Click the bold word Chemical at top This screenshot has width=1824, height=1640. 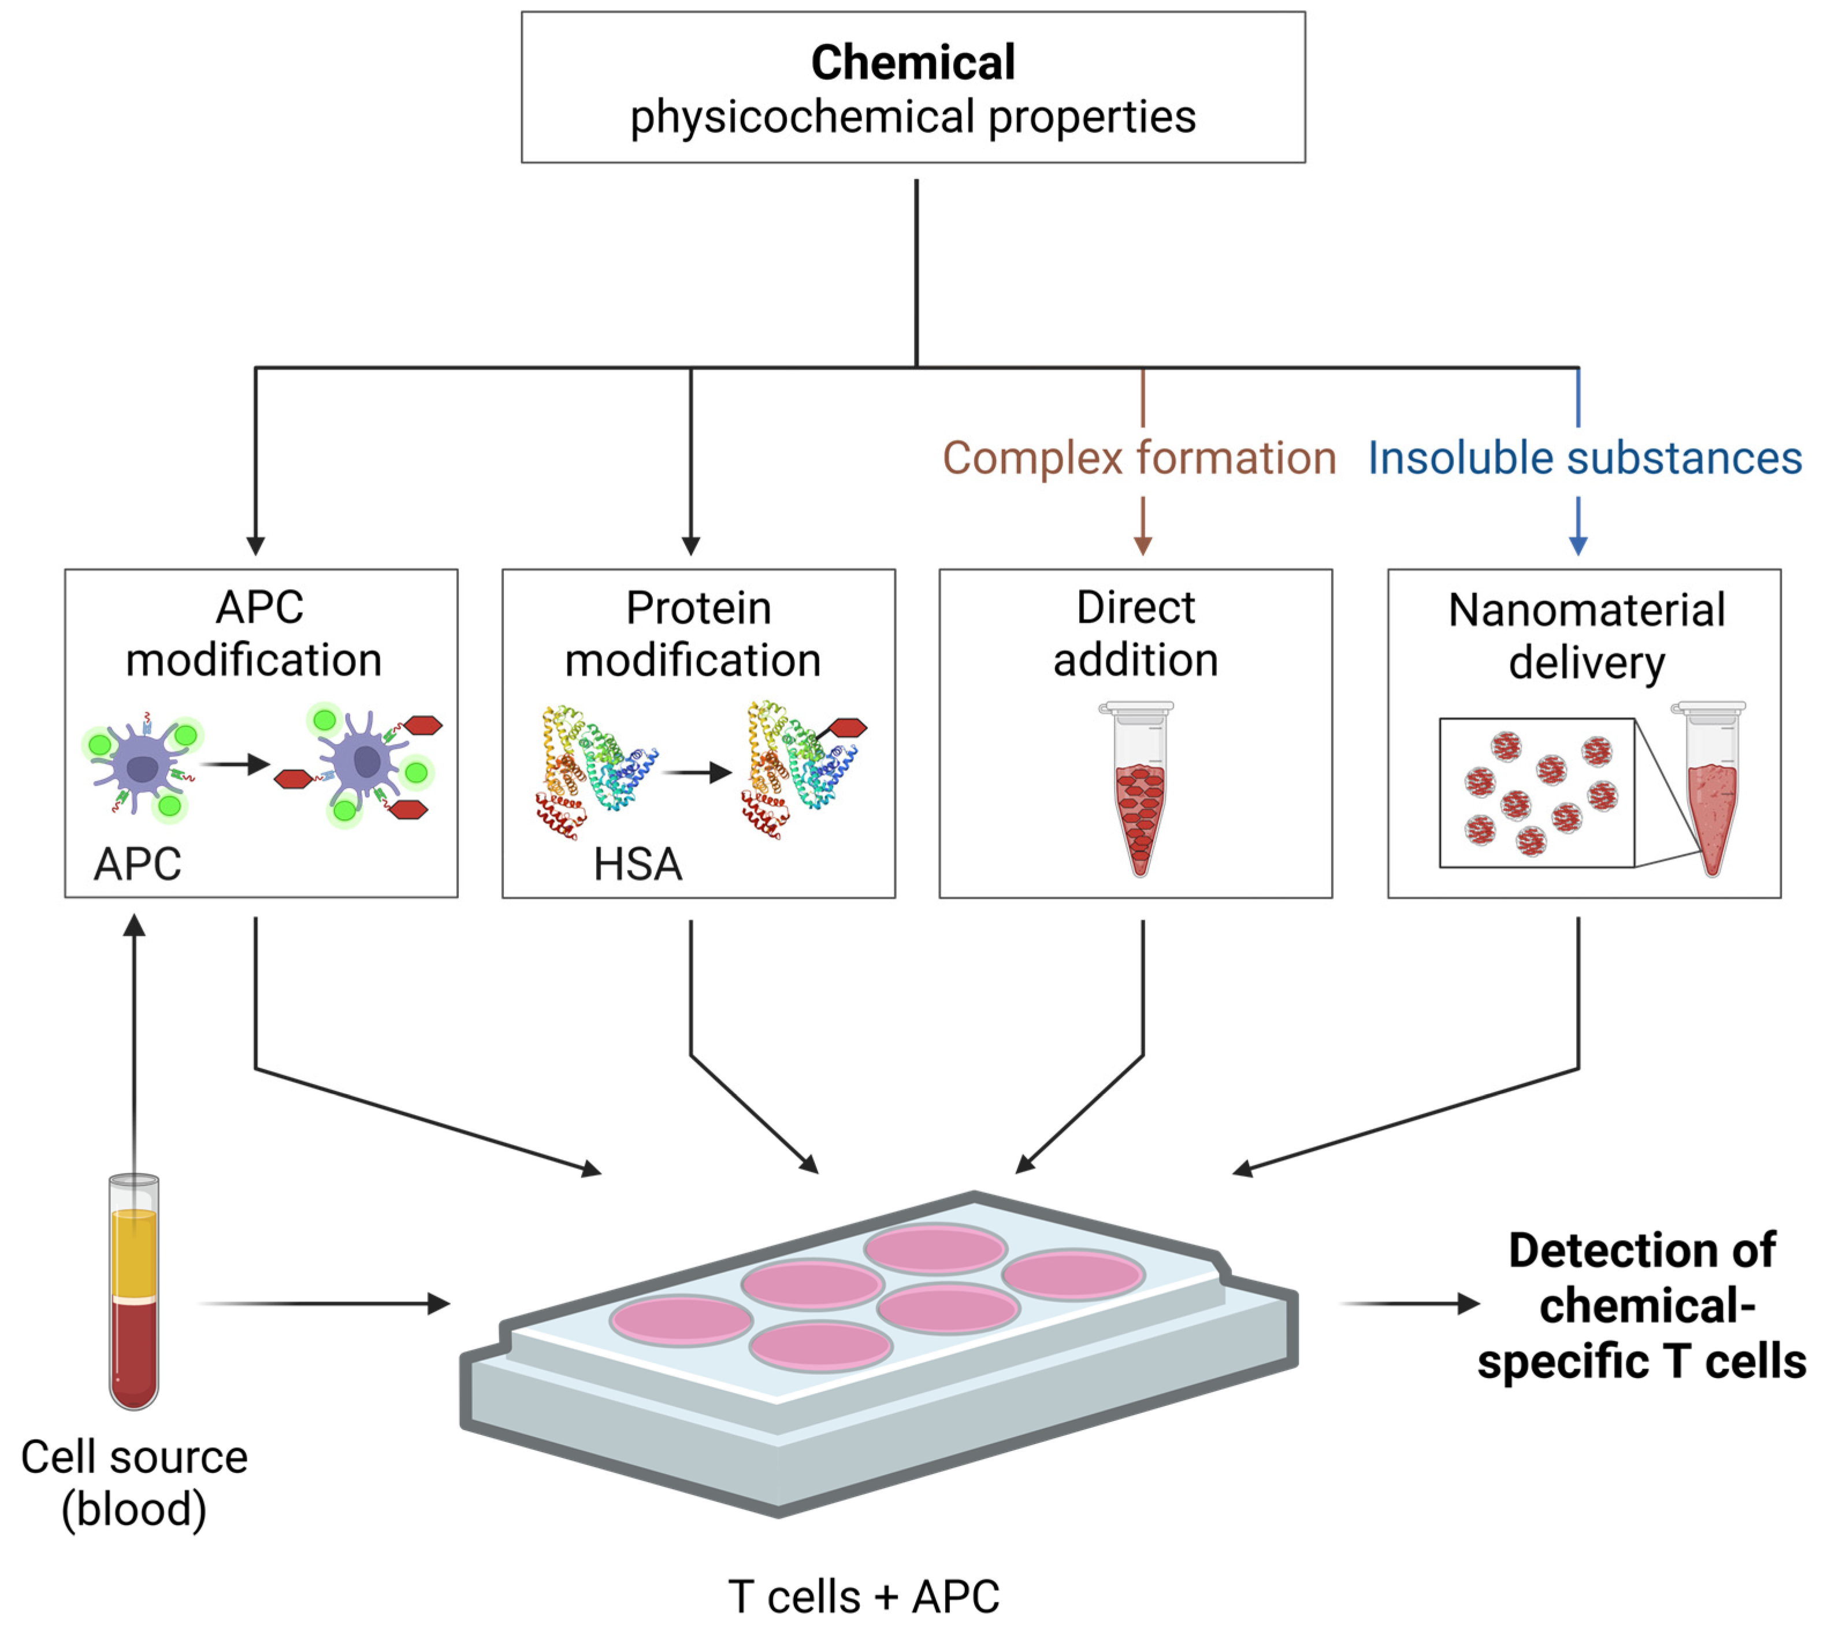pos(912,63)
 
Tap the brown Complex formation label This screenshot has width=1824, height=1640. pos(1139,458)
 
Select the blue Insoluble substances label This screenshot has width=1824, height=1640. pos(1584,458)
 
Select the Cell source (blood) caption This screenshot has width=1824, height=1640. pos(134,1482)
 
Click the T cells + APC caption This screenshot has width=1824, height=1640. pos(863,1597)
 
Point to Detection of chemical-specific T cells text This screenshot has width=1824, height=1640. pos(1641,1306)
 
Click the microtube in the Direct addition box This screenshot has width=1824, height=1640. pos(1139,790)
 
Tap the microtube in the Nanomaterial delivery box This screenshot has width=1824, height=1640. pos(1711,790)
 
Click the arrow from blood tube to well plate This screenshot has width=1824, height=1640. pos(324,1303)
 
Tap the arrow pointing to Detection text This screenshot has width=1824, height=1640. pos(1410,1303)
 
